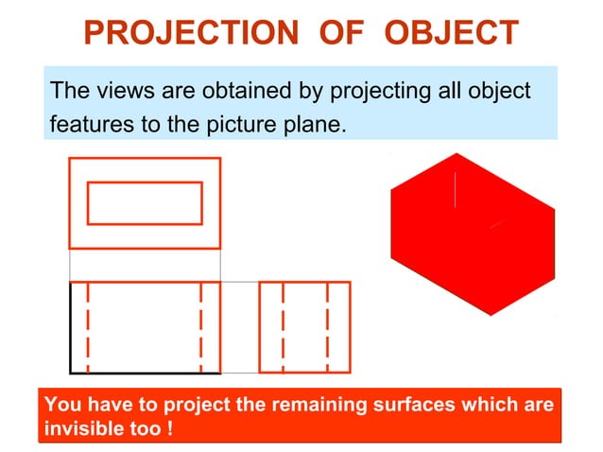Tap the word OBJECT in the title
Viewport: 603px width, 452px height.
click(x=453, y=33)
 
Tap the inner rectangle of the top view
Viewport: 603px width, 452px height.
click(x=145, y=202)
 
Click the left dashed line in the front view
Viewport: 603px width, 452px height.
click(x=88, y=327)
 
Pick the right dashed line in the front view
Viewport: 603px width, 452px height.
click(x=201, y=327)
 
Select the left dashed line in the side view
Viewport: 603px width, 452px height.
click(x=283, y=327)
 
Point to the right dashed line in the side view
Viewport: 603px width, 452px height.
click(x=327, y=327)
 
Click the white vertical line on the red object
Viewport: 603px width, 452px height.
click(x=457, y=189)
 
